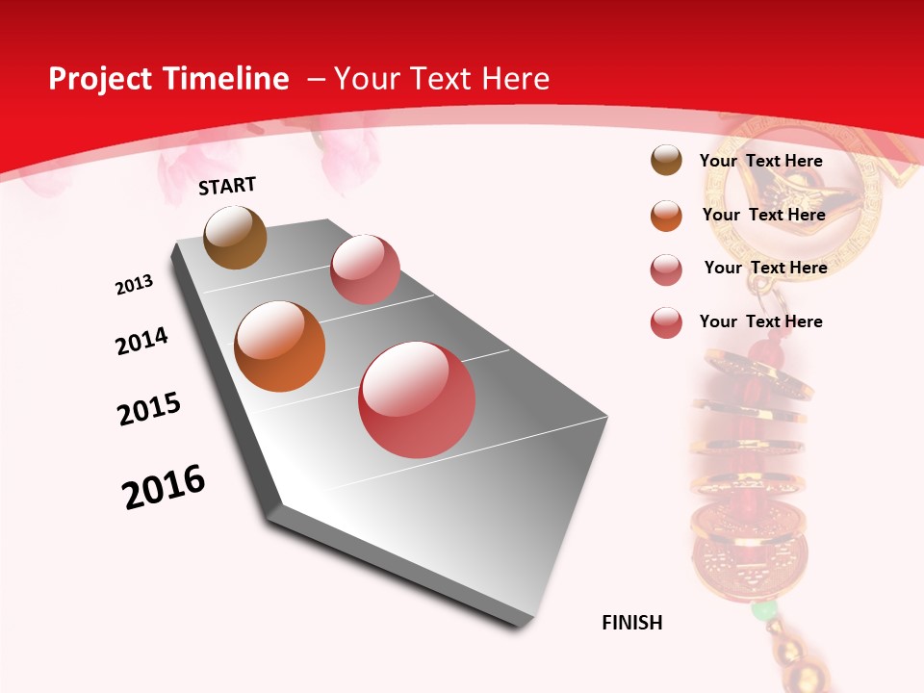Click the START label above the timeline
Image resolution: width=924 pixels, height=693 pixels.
pyautogui.click(x=227, y=186)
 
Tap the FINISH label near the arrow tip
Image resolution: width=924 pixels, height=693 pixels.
pyautogui.click(x=631, y=623)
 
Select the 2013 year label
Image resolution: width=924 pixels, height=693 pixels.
pyautogui.click(x=134, y=285)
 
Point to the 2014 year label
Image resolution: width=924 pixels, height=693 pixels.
pyautogui.click(x=141, y=341)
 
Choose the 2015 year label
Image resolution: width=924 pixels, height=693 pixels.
pyautogui.click(x=149, y=409)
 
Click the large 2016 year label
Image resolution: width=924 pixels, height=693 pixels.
pyautogui.click(x=164, y=487)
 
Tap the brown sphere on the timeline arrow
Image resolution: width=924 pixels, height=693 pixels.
pyautogui.click(x=235, y=238)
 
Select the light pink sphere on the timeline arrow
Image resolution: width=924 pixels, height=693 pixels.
pyautogui.click(x=365, y=269)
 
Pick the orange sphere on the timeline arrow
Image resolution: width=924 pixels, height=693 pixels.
pyautogui.click(x=280, y=346)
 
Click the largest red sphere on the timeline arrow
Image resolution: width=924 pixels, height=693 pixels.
pyautogui.click(x=417, y=399)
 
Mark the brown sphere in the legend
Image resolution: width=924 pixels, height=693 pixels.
pyautogui.click(x=666, y=161)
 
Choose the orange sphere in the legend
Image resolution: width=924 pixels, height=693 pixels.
pyautogui.click(x=666, y=216)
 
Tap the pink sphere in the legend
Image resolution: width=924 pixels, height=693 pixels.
pyautogui.click(x=666, y=269)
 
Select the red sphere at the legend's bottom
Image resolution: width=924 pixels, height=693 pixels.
pyautogui.click(x=666, y=322)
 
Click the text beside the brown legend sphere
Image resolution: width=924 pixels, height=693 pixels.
pyautogui.click(x=760, y=161)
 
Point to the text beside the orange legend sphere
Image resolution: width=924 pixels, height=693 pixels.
pyautogui.click(x=763, y=215)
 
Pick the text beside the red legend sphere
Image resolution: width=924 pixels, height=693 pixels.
pyautogui.click(x=760, y=321)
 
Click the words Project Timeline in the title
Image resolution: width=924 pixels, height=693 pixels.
pyautogui.click(x=168, y=79)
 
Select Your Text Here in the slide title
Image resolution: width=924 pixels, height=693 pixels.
pyautogui.click(x=441, y=79)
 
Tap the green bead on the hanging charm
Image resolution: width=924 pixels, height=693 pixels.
pyautogui.click(x=763, y=610)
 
